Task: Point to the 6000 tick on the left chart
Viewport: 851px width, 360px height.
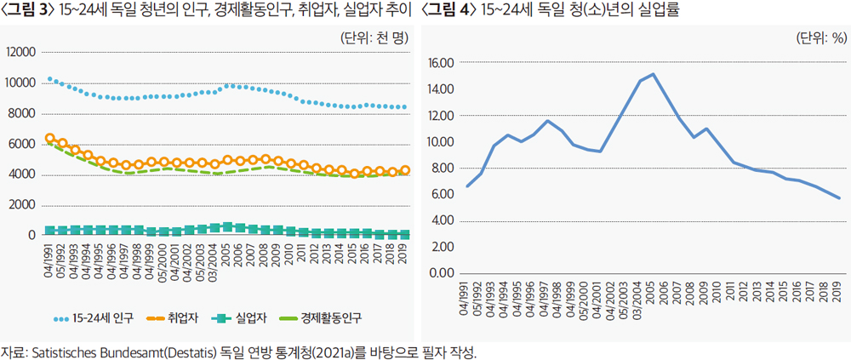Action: tap(23, 144)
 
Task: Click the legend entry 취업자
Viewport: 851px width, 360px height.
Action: tap(174, 318)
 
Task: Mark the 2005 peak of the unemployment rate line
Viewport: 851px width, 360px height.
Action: tap(653, 74)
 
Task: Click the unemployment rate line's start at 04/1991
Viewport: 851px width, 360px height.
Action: tap(467, 186)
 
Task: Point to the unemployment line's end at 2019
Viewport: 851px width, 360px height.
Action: tap(840, 198)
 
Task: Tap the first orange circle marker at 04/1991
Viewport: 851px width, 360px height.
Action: tap(50, 138)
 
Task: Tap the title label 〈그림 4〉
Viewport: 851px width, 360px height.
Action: tap(448, 11)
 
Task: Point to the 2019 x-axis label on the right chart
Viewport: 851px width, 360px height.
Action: tap(837, 292)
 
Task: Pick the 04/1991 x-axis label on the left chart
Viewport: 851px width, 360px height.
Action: tap(49, 260)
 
